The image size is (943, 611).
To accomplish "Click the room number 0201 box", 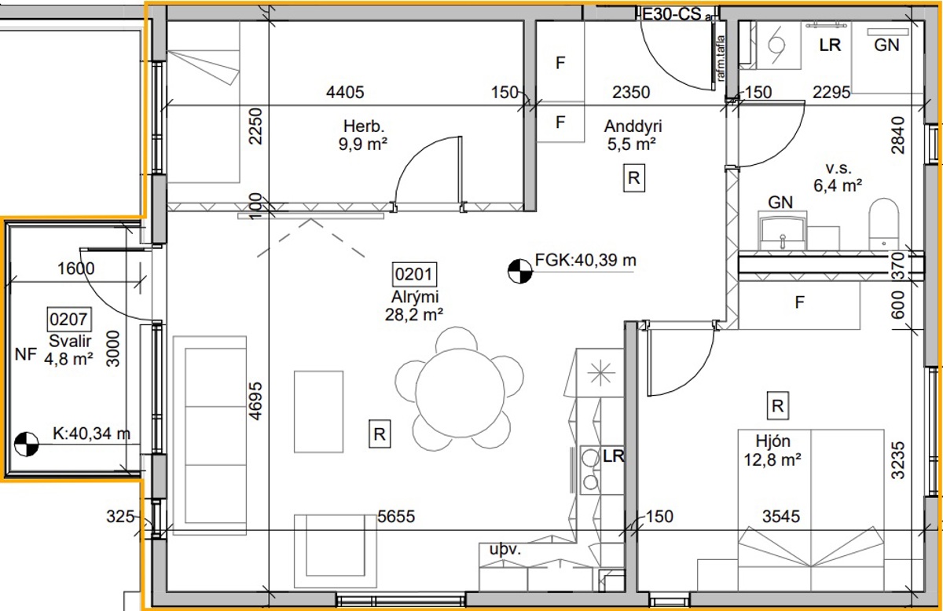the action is (414, 274).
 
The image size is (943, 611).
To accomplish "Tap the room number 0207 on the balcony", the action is (68, 320).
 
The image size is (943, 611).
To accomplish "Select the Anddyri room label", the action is (633, 126).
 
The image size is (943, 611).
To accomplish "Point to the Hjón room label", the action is (772, 441).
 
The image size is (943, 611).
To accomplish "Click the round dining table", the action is (460, 393).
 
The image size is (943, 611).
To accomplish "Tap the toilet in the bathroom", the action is (883, 225).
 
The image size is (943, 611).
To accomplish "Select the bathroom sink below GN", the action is (783, 232).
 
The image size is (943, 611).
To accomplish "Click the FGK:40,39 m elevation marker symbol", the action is (520, 271).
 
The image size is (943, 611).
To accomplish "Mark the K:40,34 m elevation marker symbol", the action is (26, 444).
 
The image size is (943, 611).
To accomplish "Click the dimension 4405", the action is (345, 92).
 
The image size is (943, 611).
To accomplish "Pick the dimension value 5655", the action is (396, 516).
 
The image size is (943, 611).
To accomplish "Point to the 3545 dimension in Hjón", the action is (781, 516).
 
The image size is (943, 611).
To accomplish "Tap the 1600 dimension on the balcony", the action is (75, 269).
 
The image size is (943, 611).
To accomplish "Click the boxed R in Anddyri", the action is (634, 178).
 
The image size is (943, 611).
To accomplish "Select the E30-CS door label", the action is (672, 15).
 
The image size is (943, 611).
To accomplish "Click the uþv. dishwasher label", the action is (505, 550).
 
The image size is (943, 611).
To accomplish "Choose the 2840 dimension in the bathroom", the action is (897, 135).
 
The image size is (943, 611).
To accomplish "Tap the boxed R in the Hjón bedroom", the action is (777, 406).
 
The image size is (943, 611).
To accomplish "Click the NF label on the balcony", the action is (26, 355).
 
